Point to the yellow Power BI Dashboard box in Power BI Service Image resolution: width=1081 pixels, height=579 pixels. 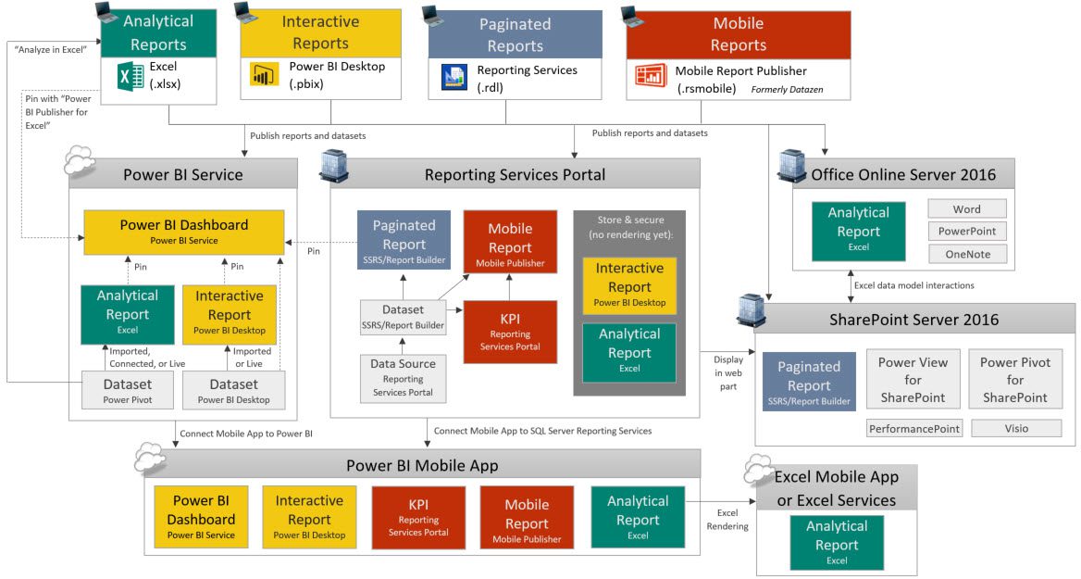[183, 232]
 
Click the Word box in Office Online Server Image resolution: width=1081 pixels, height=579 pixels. [967, 209]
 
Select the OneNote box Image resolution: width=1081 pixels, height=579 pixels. [967, 254]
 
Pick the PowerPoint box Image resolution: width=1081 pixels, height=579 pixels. [967, 232]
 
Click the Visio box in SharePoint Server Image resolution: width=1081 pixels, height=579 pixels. [1015, 428]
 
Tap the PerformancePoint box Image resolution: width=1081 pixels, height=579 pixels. [914, 428]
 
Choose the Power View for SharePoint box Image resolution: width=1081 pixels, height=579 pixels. [913, 380]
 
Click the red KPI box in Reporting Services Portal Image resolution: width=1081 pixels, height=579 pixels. [510, 332]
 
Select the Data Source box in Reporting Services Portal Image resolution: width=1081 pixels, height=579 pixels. [403, 378]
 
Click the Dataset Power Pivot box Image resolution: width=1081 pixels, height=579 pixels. [127, 390]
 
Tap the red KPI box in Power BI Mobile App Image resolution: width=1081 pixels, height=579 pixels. [418, 517]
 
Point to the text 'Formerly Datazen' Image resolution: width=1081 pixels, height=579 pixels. [787, 90]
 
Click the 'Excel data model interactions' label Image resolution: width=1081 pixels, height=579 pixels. [913, 285]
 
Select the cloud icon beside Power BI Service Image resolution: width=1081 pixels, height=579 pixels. [80, 163]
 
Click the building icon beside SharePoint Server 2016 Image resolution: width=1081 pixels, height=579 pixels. [750, 311]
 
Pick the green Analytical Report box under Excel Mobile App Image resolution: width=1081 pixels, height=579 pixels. [837, 542]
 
